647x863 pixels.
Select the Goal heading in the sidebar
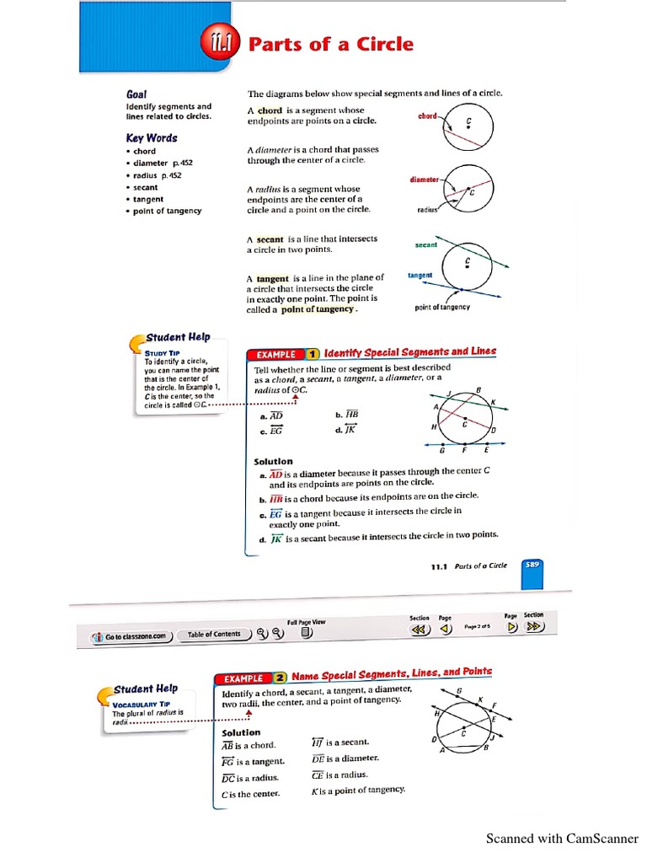click(x=136, y=95)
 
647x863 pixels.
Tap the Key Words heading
click(x=152, y=137)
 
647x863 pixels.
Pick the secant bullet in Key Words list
click(x=145, y=187)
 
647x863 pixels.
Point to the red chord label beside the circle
click(x=428, y=116)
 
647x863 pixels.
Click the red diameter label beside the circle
click(x=424, y=180)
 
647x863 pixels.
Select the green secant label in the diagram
click(x=426, y=245)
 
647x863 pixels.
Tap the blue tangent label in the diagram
click(x=420, y=275)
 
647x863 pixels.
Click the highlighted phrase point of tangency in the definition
click(x=318, y=309)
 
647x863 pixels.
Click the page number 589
click(x=532, y=565)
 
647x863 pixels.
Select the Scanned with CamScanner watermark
click(x=562, y=839)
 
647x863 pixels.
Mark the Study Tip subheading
click(x=163, y=352)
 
